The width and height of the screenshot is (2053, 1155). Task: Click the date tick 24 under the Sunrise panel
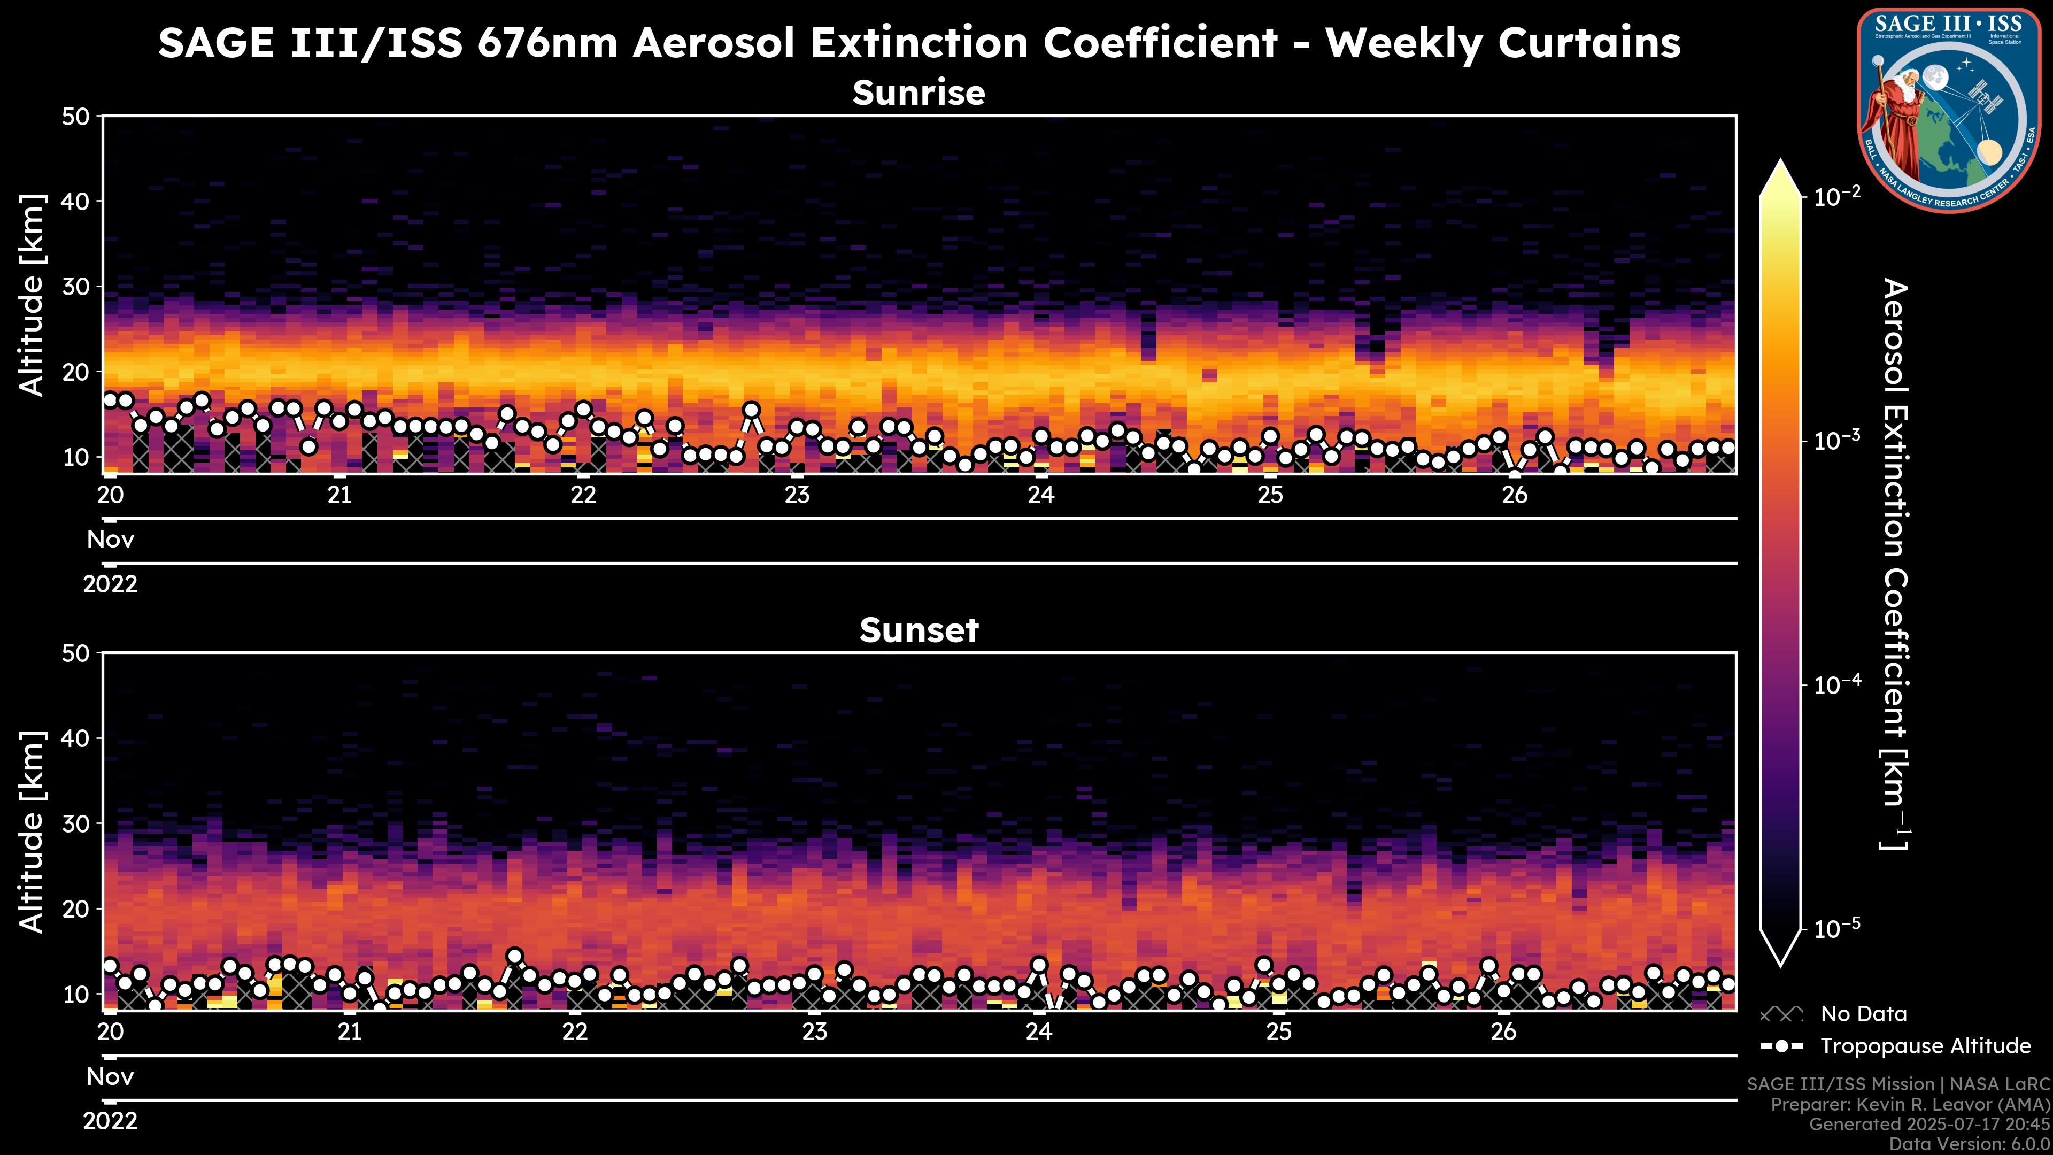click(1041, 495)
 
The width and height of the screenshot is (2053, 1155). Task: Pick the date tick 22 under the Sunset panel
click(575, 1032)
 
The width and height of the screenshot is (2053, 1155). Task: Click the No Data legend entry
click(1863, 1014)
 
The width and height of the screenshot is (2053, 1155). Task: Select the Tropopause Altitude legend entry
click(1925, 1046)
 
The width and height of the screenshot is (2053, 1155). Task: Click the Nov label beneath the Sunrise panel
click(110, 540)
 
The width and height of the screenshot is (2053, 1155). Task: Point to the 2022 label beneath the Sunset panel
click(110, 1121)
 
